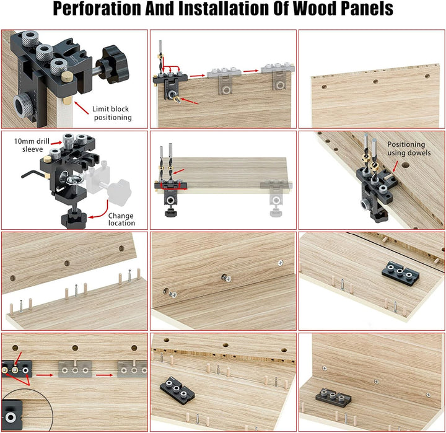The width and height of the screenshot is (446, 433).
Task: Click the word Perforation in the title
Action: point(97,9)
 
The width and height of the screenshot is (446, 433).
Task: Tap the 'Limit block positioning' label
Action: point(111,113)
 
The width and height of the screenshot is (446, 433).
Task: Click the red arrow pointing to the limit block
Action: point(81,108)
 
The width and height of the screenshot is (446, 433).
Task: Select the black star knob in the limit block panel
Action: point(112,64)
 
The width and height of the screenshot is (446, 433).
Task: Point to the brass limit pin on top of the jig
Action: point(67,77)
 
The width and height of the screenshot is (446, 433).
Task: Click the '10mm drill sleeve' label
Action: point(32,145)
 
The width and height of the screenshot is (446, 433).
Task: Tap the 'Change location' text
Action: point(121,219)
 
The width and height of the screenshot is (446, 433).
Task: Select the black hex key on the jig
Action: point(32,174)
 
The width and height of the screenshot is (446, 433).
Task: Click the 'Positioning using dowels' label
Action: point(409,149)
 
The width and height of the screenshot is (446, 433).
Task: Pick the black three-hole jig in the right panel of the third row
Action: point(401,273)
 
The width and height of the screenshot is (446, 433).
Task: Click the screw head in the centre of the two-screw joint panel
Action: point(226,278)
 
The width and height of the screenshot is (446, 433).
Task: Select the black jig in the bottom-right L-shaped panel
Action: point(333,396)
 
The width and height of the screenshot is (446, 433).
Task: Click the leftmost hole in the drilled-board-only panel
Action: point(323,87)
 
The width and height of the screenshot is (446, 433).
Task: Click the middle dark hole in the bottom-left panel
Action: point(75,348)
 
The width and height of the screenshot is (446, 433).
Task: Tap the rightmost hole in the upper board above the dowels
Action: point(121,248)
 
